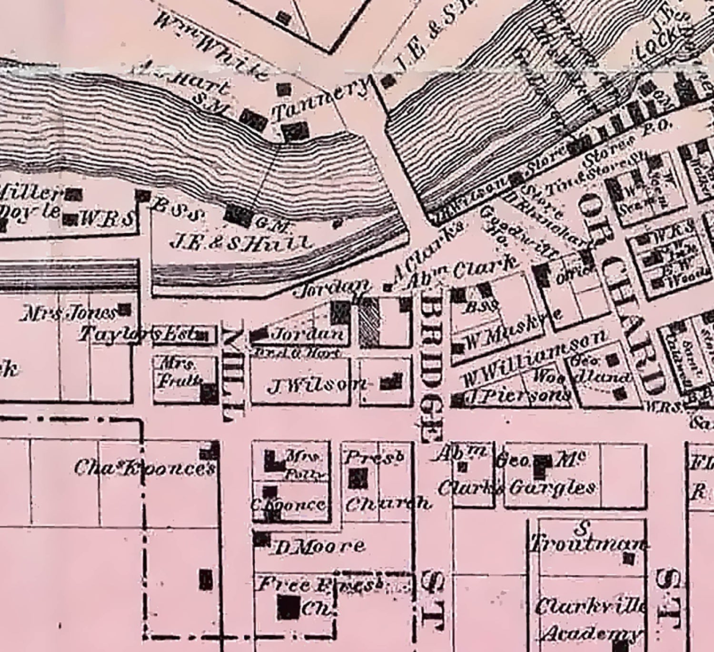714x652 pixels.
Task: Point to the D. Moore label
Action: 320,547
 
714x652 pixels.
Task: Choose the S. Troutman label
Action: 588,538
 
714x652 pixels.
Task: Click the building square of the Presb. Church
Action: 358,478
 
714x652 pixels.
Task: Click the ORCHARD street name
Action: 622,295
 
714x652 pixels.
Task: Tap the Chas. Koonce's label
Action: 145,468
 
